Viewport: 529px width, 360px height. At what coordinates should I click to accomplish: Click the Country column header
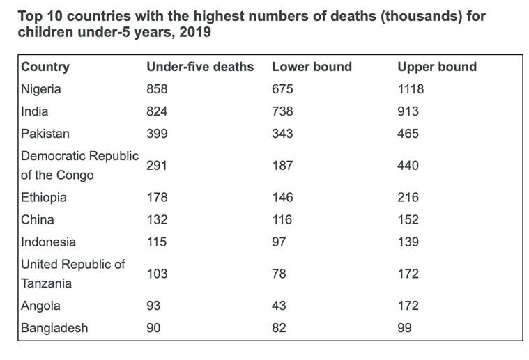pos(45,67)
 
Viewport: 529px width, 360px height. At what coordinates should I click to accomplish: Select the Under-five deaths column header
pos(200,67)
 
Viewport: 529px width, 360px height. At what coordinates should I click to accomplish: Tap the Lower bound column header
pos(312,67)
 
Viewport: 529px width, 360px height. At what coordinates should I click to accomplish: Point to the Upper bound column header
pos(437,67)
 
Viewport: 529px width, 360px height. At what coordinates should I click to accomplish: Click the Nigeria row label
pos(41,89)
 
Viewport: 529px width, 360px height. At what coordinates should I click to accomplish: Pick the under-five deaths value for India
pos(157,111)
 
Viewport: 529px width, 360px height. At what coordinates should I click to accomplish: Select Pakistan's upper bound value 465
pos(408,134)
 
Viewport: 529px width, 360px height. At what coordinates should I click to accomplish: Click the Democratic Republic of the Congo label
pos(79,166)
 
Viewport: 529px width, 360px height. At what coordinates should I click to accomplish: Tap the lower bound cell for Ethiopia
pos(283,198)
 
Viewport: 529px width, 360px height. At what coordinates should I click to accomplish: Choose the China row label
pos(37,220)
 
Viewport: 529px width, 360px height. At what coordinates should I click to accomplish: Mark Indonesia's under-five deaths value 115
pos(157,242)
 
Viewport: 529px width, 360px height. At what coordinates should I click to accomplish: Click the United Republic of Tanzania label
pos(73,274)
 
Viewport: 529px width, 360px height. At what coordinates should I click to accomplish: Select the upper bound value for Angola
pos(408,306)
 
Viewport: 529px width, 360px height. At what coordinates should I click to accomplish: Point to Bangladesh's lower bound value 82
pos(279,328)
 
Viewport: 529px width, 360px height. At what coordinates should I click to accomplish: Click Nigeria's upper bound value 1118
pos(411,89)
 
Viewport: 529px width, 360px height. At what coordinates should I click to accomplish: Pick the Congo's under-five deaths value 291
pos(157,166)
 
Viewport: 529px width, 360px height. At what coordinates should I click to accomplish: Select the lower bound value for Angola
pos(279,306)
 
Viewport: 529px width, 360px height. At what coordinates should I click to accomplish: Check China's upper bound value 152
pos(408,220)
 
